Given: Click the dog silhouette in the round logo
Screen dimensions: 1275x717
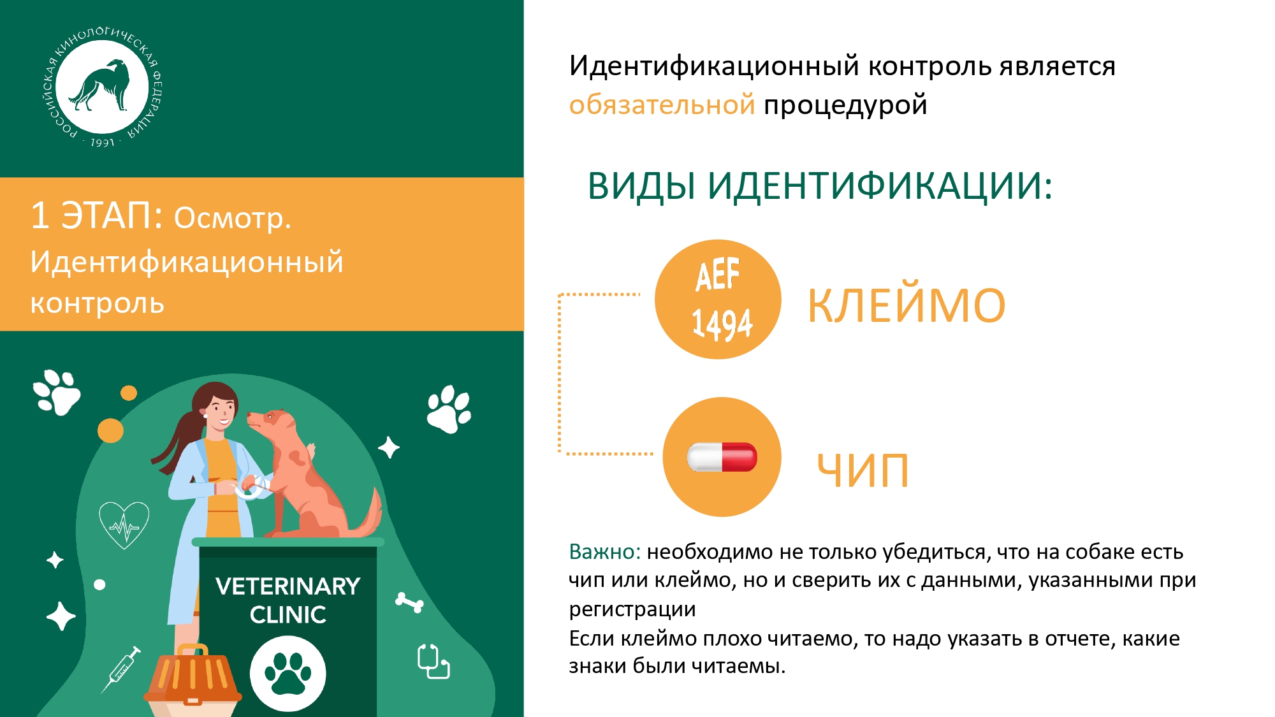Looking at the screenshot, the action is [x=101, y=85].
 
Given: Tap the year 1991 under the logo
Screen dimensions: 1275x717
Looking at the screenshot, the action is [x=103, y=143].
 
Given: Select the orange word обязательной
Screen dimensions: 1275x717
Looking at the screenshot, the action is [x=662, y=105].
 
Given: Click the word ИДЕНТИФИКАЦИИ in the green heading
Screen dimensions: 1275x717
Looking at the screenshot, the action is [x=880, y=186].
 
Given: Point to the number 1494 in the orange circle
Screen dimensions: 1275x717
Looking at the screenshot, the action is [x=722, y=324].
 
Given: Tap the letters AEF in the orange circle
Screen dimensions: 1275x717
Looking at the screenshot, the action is [x=718, y=275].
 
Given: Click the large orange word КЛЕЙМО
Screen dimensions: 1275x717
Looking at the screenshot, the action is [x=907, y=305].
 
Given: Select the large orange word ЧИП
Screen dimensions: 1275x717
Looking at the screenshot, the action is [x=863, y=471].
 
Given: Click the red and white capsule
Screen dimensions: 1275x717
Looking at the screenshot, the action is [x=722, y=457].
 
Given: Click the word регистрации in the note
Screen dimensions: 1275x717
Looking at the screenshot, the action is [x=632, y=609].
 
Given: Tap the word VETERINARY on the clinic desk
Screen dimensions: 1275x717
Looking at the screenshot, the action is [x=288, y=586].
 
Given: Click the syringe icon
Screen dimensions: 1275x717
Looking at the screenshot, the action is [x=121, y=669].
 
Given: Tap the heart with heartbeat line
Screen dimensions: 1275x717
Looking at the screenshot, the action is [x=124, y=525].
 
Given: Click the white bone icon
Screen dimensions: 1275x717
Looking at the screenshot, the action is [x=409, y=602].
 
